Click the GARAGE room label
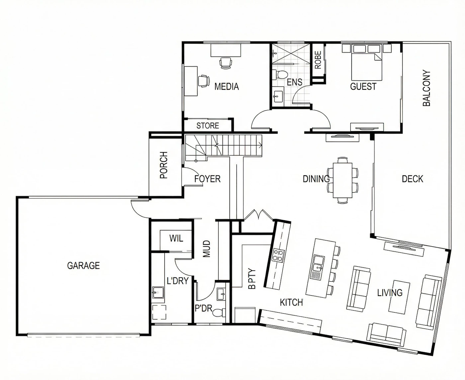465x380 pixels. (83, 265)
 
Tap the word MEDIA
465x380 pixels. (227, 86)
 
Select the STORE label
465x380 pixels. (208, 126)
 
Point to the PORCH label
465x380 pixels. (164, 165)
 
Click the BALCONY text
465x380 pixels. (426, 88)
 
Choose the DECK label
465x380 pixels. (413, 179)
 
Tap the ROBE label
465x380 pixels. (318, 60)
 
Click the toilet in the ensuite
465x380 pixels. (279, 74)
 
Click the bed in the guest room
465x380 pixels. (366, 62)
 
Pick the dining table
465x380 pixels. (342, 180)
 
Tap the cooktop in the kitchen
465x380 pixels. (278, 255)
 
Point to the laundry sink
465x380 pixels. (158, 292)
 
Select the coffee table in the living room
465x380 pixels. (399, 297)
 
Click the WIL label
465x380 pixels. (176, 238)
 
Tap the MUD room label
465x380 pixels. (207, 249)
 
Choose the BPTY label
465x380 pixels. (252, 279)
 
